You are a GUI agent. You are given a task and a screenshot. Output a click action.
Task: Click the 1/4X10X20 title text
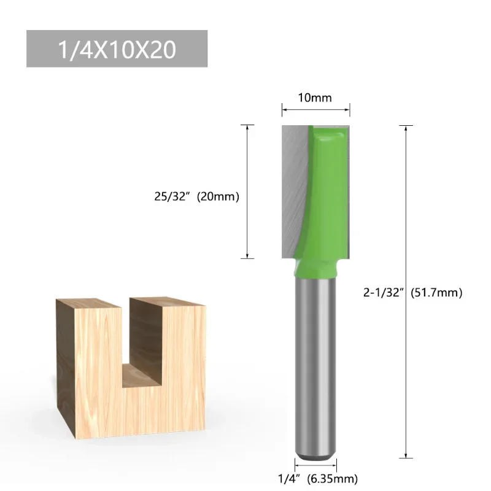point(117,49)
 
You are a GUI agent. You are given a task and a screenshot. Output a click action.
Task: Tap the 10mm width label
point(315,98)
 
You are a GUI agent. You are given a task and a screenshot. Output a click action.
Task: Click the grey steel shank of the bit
point(315,368)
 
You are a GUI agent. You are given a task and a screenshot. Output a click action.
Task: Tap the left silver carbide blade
point(291,184)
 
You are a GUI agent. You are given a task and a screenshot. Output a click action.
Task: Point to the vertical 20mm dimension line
point(247,160)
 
